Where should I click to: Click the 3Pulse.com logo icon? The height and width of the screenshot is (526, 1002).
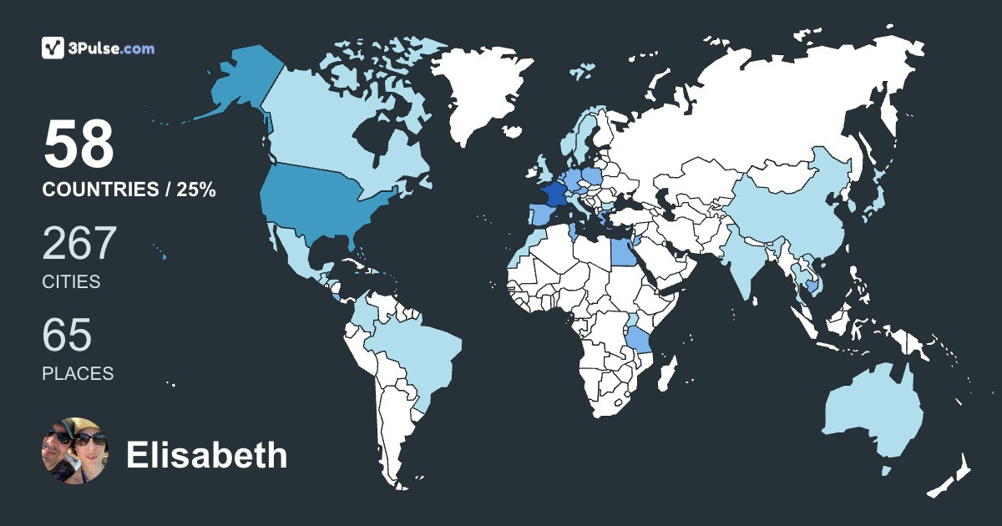(53, 48)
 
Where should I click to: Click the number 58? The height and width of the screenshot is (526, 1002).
(78, 144)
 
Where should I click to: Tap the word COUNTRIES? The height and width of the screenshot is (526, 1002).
(100, 190)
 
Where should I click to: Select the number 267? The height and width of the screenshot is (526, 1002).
(79, 243)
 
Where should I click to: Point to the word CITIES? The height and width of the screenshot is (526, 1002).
(71, 282)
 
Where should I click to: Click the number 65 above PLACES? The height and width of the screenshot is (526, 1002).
(67, 335)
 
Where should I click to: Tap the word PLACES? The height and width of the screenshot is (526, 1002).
(78, 373)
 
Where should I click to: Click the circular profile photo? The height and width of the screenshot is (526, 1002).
(75, 452)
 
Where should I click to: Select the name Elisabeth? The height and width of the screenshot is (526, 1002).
(206, 456)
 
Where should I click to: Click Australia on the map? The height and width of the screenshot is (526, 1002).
(873, 413)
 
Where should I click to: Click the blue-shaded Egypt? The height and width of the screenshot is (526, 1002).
(622, 250)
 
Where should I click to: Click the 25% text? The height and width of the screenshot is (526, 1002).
(196, 190)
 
